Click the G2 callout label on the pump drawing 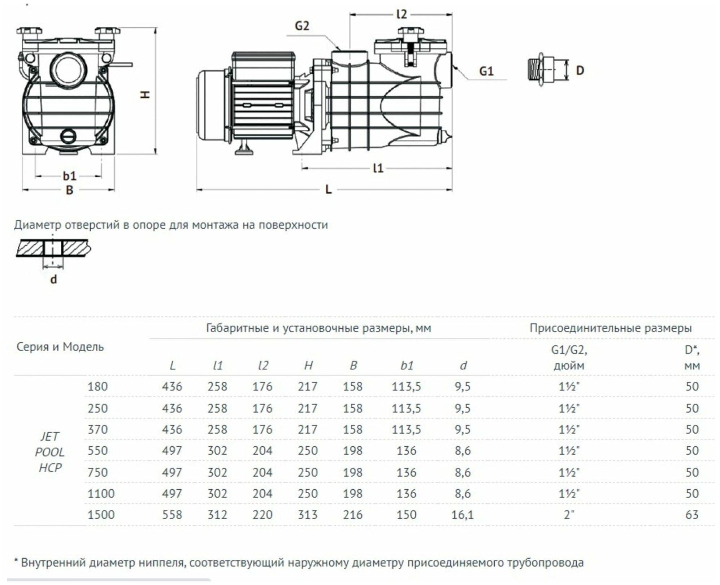[x=302, y=26]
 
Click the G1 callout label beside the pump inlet [x=486, y=71]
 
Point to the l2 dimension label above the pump [x=402, y=14]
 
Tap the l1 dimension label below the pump [x=378, y=168]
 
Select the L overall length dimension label [x=328, y=189]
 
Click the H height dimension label [x=145, y=95]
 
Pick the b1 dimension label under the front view [x=70, y=176]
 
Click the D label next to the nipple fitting [x=580, y=70]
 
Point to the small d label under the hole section [x=53, y=279]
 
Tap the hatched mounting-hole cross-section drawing [x=53, y=248]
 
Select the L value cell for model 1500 [x=172, y=515]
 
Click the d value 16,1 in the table [x=462, y=515]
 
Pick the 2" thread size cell [x=569, y=515]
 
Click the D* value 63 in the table [x=692, y=515]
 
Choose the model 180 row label [x=97, y=386]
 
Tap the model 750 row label [x=97, y=472]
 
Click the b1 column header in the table [x=407, y=365]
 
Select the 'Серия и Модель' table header [x=60, y=347]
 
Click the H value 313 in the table [x=308, y=515]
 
